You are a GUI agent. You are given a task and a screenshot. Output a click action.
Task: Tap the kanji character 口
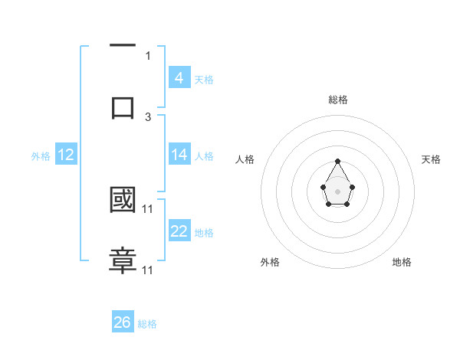[123, 107]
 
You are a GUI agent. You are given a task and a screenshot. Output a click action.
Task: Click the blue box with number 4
[179, 77]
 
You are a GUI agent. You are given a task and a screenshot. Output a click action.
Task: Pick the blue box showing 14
[179, 154]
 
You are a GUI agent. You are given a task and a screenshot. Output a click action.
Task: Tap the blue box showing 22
[179, 231]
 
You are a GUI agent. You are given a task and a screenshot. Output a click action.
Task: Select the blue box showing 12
[66, 155]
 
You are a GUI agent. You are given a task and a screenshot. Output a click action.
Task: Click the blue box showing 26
[123, 322]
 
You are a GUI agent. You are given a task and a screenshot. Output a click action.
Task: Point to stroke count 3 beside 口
[148, 117]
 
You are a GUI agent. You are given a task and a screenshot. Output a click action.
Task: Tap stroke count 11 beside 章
[148, 270]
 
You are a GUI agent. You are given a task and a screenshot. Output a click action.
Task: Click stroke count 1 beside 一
[148, 56]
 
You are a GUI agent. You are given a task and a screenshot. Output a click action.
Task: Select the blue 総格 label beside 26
[147, 324]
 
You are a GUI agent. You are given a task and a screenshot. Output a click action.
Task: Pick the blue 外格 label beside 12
[41, 156]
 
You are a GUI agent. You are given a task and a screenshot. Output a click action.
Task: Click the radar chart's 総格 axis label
[337, 100]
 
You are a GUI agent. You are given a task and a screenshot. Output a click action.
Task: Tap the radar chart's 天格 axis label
[431, 159]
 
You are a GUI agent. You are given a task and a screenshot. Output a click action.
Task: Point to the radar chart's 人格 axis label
[245, 159]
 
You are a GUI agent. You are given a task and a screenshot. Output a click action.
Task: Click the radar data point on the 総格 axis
[337, 161]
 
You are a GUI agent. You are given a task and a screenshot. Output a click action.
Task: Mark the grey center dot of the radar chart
[337, 191]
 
